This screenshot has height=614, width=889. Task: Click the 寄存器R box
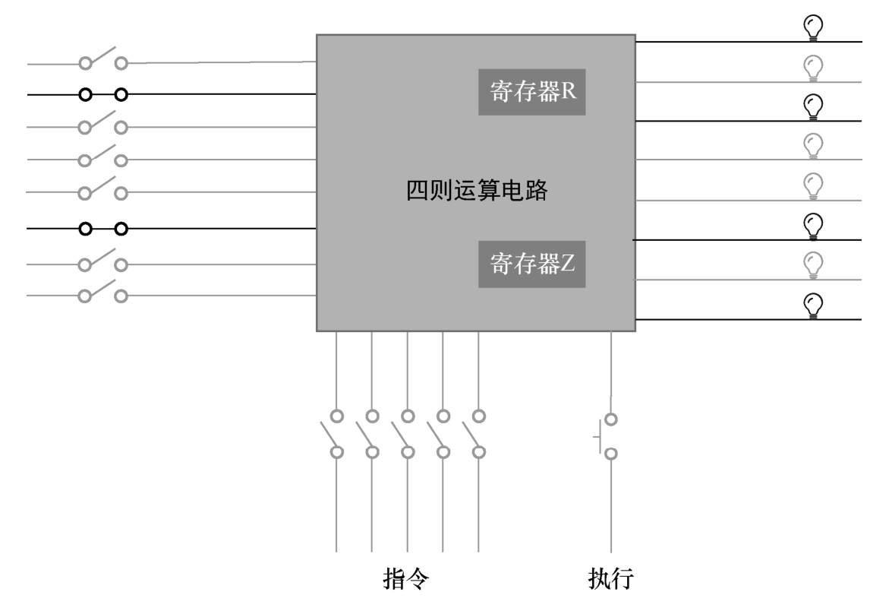click(x=531, y=93)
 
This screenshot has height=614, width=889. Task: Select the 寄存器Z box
click(x=531, y=265)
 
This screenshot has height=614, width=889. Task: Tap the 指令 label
click(x=405, y=581)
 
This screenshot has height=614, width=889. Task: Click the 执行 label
click(x=611, y=581)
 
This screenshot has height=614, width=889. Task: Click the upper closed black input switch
click(x=103, y=95)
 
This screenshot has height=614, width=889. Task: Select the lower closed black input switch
click(x=103, y=227)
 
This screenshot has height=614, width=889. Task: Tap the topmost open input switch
click(x=103, y=59)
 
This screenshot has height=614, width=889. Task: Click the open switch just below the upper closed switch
click(x=103, y=124)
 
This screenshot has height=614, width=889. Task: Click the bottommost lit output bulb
click(x=813, y=305)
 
